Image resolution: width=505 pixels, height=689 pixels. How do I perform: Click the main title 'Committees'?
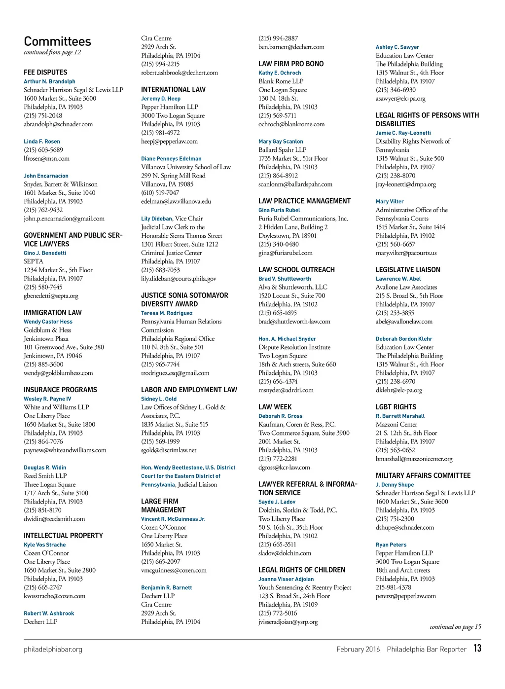point(57,41)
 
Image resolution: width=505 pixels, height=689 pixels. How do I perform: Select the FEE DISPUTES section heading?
point(45,73)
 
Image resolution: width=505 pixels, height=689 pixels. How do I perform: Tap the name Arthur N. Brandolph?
point(49,81)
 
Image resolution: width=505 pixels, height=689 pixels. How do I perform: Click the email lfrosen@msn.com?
point(46,159)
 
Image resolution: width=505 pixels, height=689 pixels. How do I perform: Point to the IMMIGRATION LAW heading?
point(53,313)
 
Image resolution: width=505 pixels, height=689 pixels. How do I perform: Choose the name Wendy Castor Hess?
point(48,322)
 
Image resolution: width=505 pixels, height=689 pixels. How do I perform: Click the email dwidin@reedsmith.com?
point(54,519)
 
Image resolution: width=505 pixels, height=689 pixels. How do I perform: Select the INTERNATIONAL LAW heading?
point(173,90)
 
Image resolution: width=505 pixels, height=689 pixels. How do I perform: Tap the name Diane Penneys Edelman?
point(171,159)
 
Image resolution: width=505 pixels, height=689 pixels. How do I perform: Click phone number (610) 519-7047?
point(160,193)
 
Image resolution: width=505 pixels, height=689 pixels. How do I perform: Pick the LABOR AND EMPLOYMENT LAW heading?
point(189,390)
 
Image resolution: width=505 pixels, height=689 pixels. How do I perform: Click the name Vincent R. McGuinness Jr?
point(173,519)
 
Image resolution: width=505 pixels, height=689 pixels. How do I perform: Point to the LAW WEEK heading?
point(275,407)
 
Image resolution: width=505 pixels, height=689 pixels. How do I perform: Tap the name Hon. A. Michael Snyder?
point(287,339)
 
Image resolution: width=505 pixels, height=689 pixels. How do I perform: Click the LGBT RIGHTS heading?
point(396,407)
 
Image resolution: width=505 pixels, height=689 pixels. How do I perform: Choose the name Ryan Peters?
point(391,545)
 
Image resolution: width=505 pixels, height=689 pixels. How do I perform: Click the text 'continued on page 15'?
point(455,627)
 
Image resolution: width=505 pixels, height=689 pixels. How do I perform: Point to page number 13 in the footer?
point(477,648)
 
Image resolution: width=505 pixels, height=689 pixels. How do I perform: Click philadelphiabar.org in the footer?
point(53,650)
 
